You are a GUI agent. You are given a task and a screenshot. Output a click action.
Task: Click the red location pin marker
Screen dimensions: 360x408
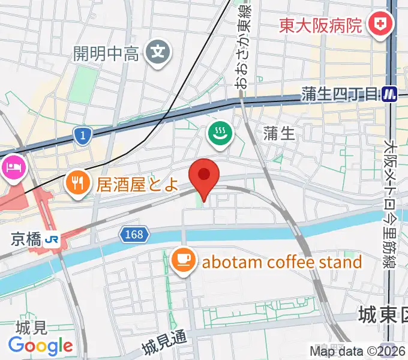click(x=204, y=176)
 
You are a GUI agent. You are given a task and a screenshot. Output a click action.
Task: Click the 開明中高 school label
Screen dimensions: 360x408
click(x=106, y=53)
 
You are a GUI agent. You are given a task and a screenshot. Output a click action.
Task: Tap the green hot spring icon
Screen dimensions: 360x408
click(x=220, y=133)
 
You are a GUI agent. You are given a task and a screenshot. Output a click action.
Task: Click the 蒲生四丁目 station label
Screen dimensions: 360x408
click(x=340, y=94)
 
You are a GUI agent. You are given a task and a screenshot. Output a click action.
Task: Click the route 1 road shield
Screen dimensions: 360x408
click(x=82, y=136)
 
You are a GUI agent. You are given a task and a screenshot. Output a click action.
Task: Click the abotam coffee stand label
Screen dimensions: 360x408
click(x=282, y=262)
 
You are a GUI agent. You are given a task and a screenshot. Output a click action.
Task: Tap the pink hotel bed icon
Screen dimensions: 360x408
click(x=13, y=167)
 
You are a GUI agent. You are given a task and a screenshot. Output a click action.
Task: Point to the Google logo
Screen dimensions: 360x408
click(x=40, y=346)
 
